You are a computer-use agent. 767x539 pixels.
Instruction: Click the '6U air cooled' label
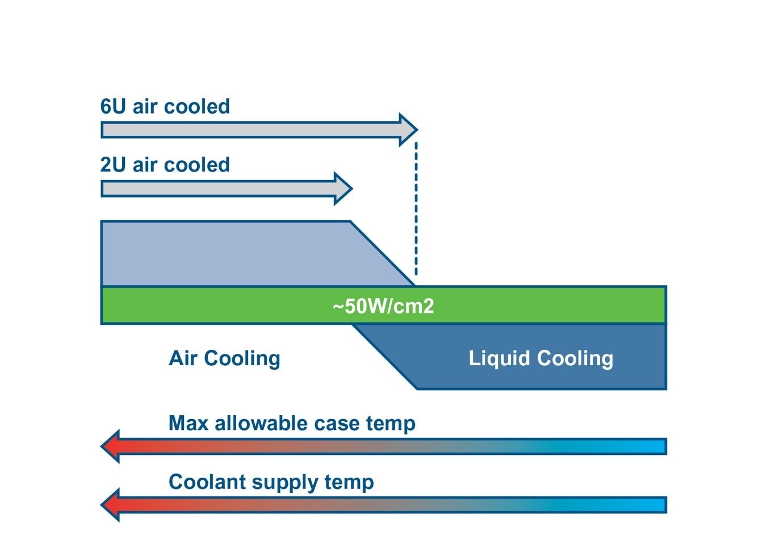(165, 107)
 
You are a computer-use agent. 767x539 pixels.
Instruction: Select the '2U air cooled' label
(165, 165)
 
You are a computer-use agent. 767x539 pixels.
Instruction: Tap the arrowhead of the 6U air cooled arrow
(408, 130)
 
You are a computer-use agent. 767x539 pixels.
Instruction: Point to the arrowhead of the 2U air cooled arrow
(343, 189)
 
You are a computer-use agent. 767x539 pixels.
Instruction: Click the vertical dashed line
(416, 210)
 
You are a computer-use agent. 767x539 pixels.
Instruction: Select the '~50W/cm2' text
(383, 307)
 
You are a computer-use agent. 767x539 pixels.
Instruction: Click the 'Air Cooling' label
(224, 358)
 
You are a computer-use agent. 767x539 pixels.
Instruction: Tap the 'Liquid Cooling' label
(540, 358)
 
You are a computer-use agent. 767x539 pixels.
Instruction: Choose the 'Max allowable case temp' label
(292, 424)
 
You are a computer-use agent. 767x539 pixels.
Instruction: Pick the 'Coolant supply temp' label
(271, 482)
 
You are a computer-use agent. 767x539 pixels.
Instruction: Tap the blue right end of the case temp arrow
(653, 446)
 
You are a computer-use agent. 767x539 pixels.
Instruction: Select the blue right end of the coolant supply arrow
(653, 505)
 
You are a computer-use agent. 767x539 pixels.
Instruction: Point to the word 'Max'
(188, 424)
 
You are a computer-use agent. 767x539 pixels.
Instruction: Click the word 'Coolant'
(207, 482)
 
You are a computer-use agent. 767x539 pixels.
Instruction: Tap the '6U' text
(113, 107)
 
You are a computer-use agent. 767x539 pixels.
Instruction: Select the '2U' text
(113, 165)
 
